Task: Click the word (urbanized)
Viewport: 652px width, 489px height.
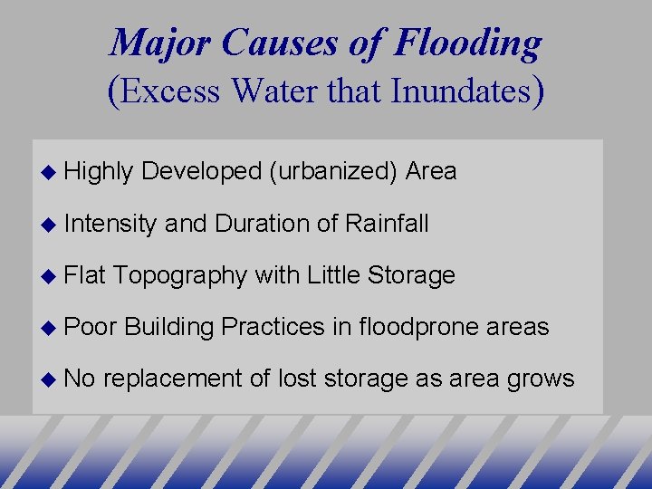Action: [333, 171]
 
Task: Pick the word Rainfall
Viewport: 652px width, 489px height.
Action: [387, 223]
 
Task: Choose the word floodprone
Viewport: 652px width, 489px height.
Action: [419, 327]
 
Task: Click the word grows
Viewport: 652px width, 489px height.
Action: [542, 379]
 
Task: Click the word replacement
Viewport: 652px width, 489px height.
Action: [172, 379]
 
